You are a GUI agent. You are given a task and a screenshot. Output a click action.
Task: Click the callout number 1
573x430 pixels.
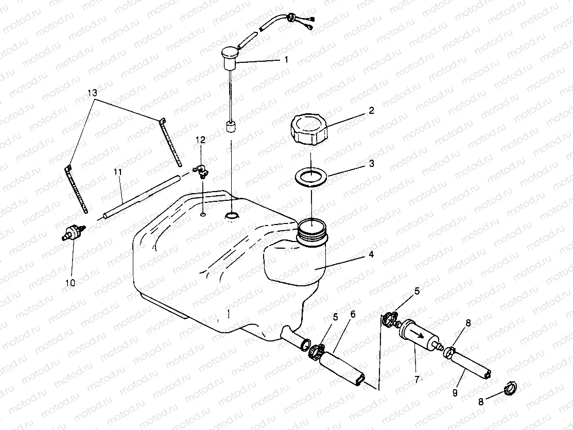coord(286,60)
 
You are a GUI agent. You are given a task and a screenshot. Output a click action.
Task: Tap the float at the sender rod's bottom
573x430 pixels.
coord(231,127)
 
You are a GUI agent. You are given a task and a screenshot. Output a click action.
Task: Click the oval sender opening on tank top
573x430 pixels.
coord(232,216)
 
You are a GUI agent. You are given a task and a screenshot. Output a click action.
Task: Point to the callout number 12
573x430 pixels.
coord(200,140)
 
